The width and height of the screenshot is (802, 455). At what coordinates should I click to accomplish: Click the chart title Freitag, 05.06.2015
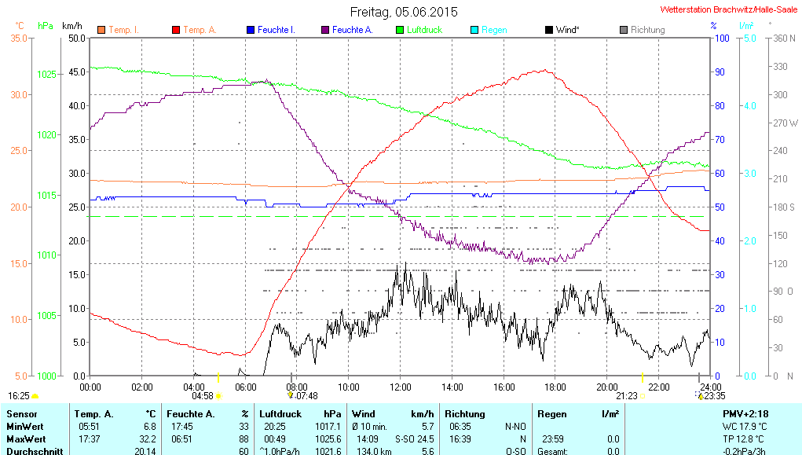[x=403, y=12]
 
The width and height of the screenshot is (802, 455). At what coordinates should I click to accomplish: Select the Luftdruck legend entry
[x=424, y=30]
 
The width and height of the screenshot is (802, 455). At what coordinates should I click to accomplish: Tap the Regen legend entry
[x=493, y=30]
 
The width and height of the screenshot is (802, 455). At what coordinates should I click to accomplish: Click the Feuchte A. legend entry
[x=352, y=30]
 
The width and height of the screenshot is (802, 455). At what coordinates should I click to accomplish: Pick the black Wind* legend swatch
[x=548, y=30]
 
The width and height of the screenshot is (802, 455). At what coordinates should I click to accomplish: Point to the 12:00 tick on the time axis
[x=401, y=387]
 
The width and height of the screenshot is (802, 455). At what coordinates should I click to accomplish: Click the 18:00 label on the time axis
[x=555, y=387]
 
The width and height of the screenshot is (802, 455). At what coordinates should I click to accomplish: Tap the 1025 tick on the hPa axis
[x=47, y=75]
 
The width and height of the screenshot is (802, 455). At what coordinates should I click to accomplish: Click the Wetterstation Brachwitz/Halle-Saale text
[x=731, y=9]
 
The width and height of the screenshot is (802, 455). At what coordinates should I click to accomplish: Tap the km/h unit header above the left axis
[x=72, y=26]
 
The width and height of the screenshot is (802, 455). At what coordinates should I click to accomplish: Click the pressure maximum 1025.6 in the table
[x=333, y=438]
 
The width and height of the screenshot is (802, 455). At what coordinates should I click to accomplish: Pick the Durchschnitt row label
[x=28, y=451]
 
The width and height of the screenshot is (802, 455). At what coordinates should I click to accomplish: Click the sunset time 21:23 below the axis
[x=626, y=396]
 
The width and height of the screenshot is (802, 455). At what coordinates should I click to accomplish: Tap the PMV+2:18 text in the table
[x=745, y=413]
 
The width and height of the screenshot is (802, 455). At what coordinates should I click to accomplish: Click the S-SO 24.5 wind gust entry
[x=414, y=438]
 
